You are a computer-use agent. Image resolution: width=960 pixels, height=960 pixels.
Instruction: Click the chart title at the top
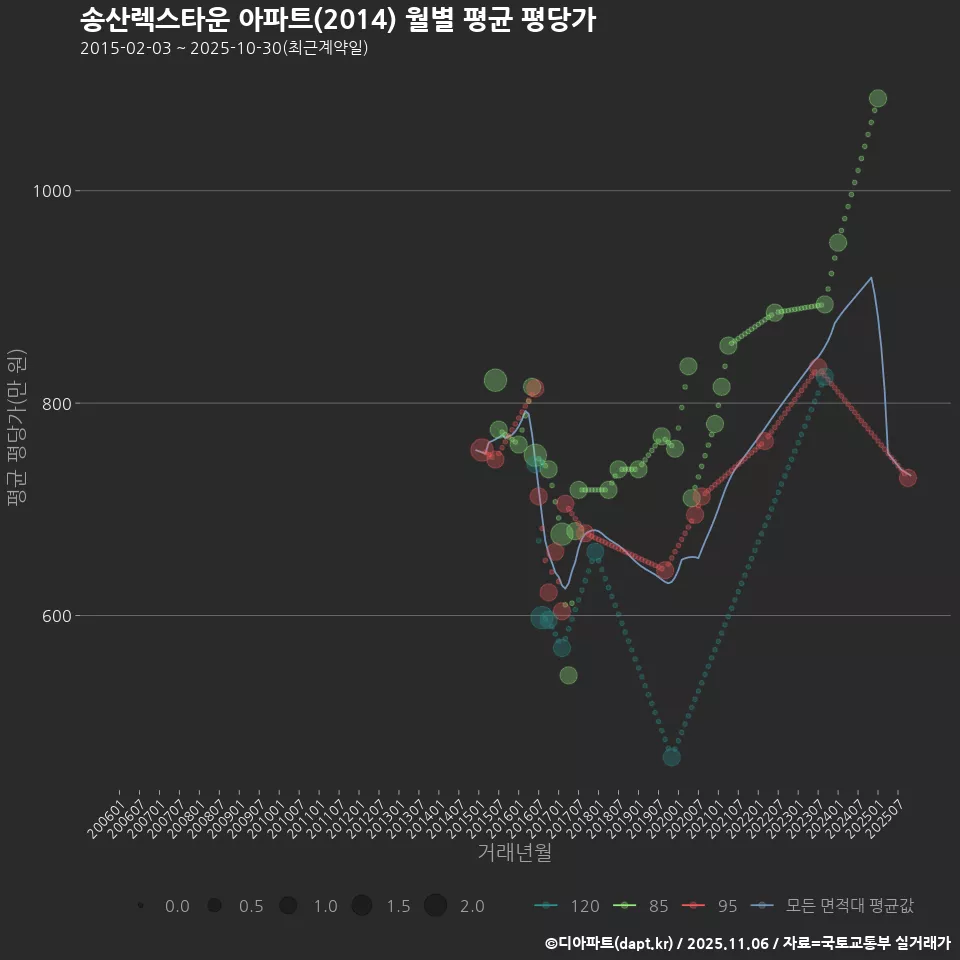337,20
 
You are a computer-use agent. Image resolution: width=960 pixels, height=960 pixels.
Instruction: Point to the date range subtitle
224,48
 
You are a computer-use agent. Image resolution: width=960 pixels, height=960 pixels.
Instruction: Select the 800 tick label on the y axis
55,403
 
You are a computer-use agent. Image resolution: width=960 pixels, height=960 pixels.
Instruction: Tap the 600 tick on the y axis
55,616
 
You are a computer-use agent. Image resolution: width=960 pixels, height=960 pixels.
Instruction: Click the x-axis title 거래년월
514,853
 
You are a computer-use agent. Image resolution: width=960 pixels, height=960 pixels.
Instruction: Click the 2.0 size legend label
472,906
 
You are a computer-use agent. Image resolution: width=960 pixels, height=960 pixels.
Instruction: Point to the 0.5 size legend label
250,906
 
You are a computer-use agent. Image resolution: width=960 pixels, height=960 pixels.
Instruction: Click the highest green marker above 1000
878,99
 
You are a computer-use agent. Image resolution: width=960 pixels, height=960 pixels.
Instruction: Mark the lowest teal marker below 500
672,757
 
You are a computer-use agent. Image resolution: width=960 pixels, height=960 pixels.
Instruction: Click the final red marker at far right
908,478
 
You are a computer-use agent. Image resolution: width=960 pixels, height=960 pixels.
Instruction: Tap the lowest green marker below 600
568,675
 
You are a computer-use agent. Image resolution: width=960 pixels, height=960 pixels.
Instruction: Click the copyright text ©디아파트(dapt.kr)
610,943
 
